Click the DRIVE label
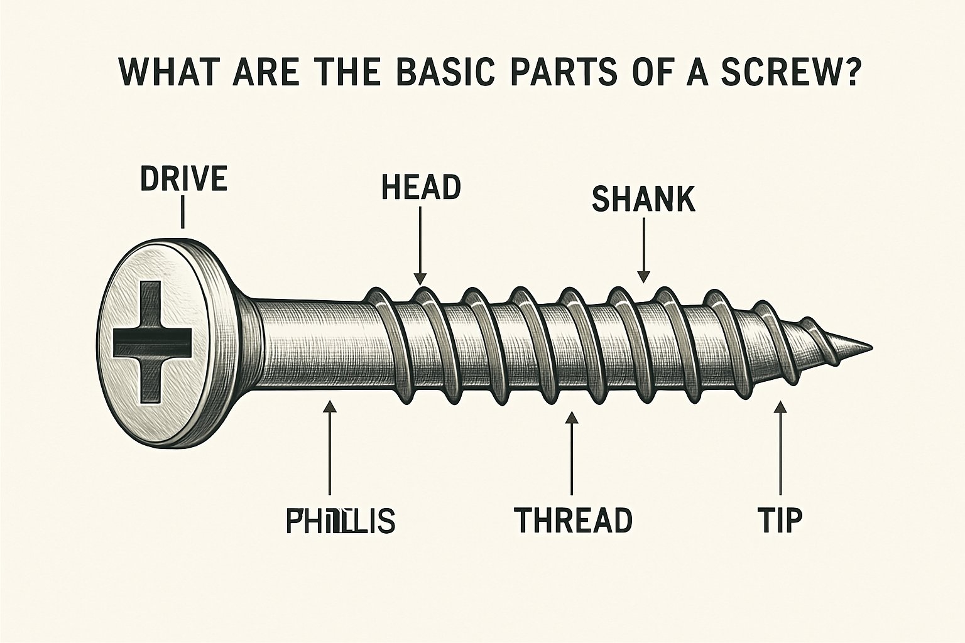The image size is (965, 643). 183,179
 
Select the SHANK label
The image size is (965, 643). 643,200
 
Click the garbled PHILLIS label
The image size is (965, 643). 340,521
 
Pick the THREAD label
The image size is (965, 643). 573,520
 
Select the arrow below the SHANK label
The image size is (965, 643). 643,251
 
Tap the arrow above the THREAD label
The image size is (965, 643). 571,452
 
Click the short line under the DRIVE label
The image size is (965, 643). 182,212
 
